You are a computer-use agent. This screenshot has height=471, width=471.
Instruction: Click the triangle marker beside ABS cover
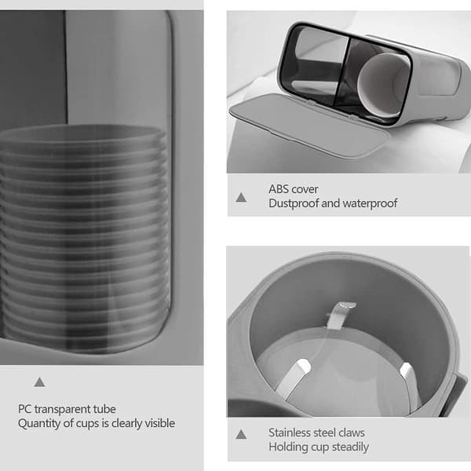click(241, 198)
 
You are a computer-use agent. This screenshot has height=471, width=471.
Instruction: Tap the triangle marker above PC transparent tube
click(40, 382)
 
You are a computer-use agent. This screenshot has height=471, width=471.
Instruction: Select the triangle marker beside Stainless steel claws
click(241, 434)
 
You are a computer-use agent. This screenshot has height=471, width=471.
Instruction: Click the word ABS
click(276, 189)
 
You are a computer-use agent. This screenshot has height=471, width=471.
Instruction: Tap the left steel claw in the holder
click(294, 378)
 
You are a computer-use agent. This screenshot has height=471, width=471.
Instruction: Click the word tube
click(104, 409)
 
